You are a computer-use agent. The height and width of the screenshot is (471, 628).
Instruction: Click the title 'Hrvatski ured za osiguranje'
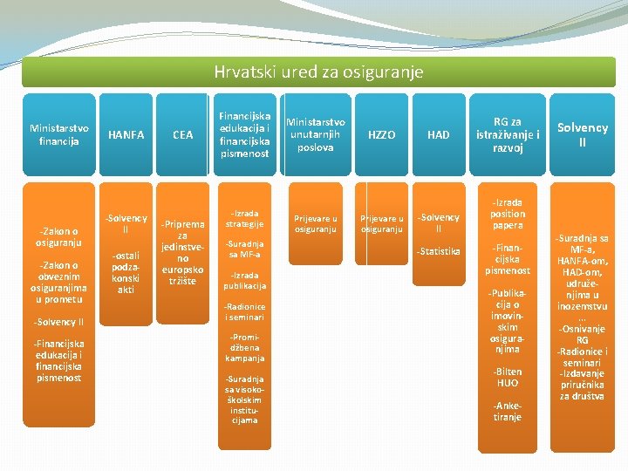318,72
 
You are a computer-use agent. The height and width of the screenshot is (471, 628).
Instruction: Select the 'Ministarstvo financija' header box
58,134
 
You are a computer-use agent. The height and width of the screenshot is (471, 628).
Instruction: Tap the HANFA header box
126,134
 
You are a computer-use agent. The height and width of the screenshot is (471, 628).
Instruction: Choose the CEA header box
183,134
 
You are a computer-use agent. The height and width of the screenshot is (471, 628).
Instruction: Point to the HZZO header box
381,134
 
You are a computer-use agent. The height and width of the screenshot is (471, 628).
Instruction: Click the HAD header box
439,134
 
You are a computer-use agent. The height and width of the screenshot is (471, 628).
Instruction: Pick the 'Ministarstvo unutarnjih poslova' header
316,134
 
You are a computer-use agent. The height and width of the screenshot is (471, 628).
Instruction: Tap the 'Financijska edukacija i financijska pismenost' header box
245,133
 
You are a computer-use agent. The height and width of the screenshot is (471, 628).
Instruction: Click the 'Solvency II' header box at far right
582,134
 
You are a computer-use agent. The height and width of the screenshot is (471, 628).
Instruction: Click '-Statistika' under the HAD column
439,251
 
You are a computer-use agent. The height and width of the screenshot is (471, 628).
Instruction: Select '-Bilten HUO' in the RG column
508,377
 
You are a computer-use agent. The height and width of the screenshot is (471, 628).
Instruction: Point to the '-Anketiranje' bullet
508,411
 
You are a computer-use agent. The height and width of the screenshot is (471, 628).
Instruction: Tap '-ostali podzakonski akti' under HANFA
126,271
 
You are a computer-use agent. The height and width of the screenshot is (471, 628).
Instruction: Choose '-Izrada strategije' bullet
245,218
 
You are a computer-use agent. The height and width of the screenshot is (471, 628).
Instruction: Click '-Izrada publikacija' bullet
245,280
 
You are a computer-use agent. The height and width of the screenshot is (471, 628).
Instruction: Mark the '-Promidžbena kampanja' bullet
245,347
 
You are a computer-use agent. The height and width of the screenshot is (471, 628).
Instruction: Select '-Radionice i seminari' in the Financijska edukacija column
245,311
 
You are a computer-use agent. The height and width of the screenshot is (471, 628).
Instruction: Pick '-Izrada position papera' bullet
508,214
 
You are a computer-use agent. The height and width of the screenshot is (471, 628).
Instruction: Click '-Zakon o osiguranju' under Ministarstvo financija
58,236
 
